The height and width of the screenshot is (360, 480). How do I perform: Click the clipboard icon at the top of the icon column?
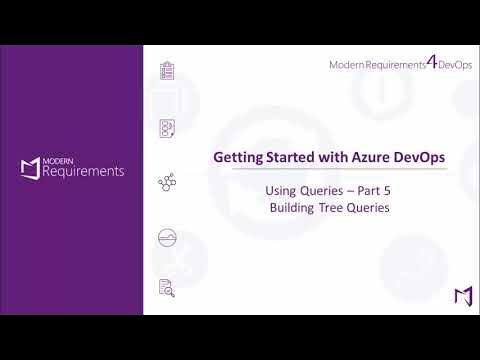point(168,71)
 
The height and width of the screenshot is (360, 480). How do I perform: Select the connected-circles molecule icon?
point(168,183)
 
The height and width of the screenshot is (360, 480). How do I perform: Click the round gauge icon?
point(168,237)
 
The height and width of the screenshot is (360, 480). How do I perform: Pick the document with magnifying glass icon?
point(168,289)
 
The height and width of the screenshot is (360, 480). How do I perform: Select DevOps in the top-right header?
point(454,65)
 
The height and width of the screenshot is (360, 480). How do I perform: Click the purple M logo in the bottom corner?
point(462,297)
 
